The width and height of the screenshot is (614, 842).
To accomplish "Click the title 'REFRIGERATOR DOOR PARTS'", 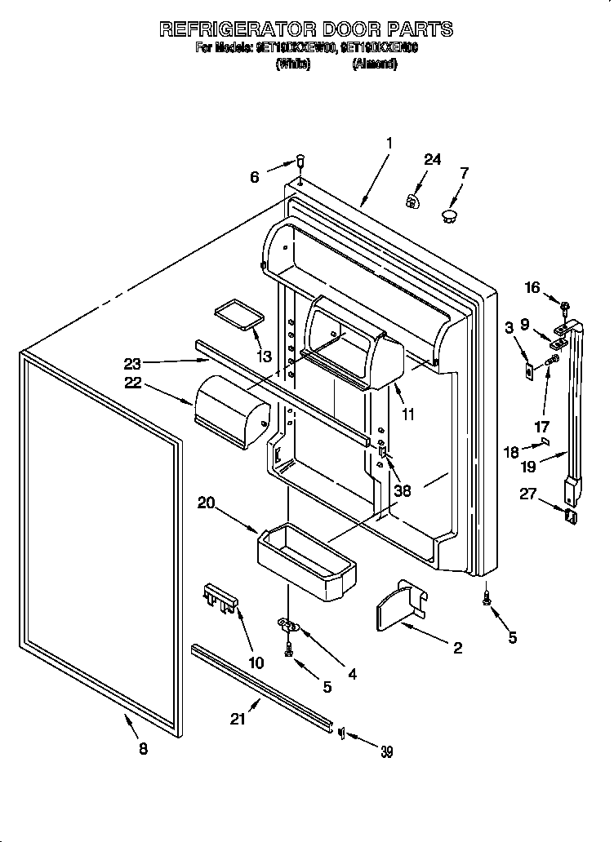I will [306, 29].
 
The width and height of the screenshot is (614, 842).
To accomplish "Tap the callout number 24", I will [432, 160].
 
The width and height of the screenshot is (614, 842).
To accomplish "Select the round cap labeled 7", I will [448, 215].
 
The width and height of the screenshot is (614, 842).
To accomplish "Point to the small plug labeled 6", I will [300, 160].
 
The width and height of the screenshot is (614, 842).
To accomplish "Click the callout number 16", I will [532, 287].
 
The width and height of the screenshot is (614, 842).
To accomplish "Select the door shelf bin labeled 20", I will [306, 559].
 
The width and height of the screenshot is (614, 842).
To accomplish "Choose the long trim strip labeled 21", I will [261, 684].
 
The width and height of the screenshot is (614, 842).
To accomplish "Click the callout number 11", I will [408, 414].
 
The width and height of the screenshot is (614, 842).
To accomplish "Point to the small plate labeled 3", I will [529, 369].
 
